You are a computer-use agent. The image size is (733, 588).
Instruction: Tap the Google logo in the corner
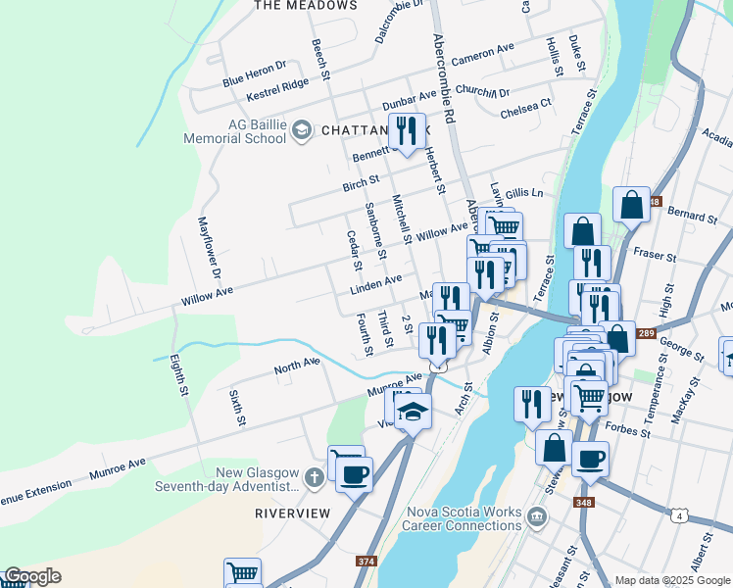[32, 576]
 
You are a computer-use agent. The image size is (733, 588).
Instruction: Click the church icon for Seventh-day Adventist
[314, 478]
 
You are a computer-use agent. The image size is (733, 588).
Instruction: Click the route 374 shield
[366, 562]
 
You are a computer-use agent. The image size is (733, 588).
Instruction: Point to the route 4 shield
[677, 514]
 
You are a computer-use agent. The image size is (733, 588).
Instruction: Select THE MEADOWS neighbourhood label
[306, 6]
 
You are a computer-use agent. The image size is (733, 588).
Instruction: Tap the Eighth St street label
[178, 374]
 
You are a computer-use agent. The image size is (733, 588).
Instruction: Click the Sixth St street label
[235, 407]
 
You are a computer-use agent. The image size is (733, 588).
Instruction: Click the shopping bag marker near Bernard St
[631, 206]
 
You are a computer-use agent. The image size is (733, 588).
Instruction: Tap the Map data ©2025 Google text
[671, 580]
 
